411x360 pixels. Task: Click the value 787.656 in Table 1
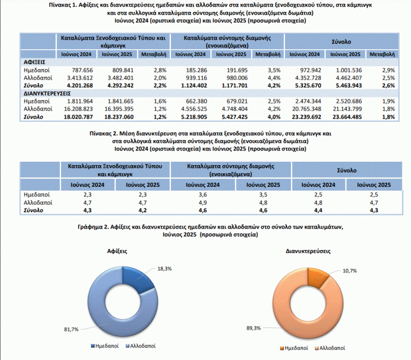(82, 70)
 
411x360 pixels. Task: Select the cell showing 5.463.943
(349, 86)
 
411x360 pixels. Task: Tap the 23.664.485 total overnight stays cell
(347, 117)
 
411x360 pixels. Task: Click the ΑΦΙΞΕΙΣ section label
(34, 62)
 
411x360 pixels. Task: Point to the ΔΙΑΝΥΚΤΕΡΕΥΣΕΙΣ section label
(47, 94)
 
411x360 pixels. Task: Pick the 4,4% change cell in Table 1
(274, 78)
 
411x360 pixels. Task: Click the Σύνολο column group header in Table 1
(341, 42)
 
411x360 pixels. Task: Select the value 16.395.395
(119, 109)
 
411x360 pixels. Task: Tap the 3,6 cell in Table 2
(203, 195)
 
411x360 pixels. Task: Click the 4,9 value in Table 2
(203, 202)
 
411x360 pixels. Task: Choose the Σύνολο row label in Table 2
(34, 211)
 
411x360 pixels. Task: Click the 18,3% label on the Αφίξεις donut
(164, 269)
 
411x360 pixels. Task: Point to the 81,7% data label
(71, 329)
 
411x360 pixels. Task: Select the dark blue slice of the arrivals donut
(137, 279)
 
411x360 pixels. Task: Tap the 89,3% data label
(254, 328)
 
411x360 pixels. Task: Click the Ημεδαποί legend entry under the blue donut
(104, 346)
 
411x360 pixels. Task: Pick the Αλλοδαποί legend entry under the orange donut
(330, 348)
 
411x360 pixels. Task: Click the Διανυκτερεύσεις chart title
(308, 251)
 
